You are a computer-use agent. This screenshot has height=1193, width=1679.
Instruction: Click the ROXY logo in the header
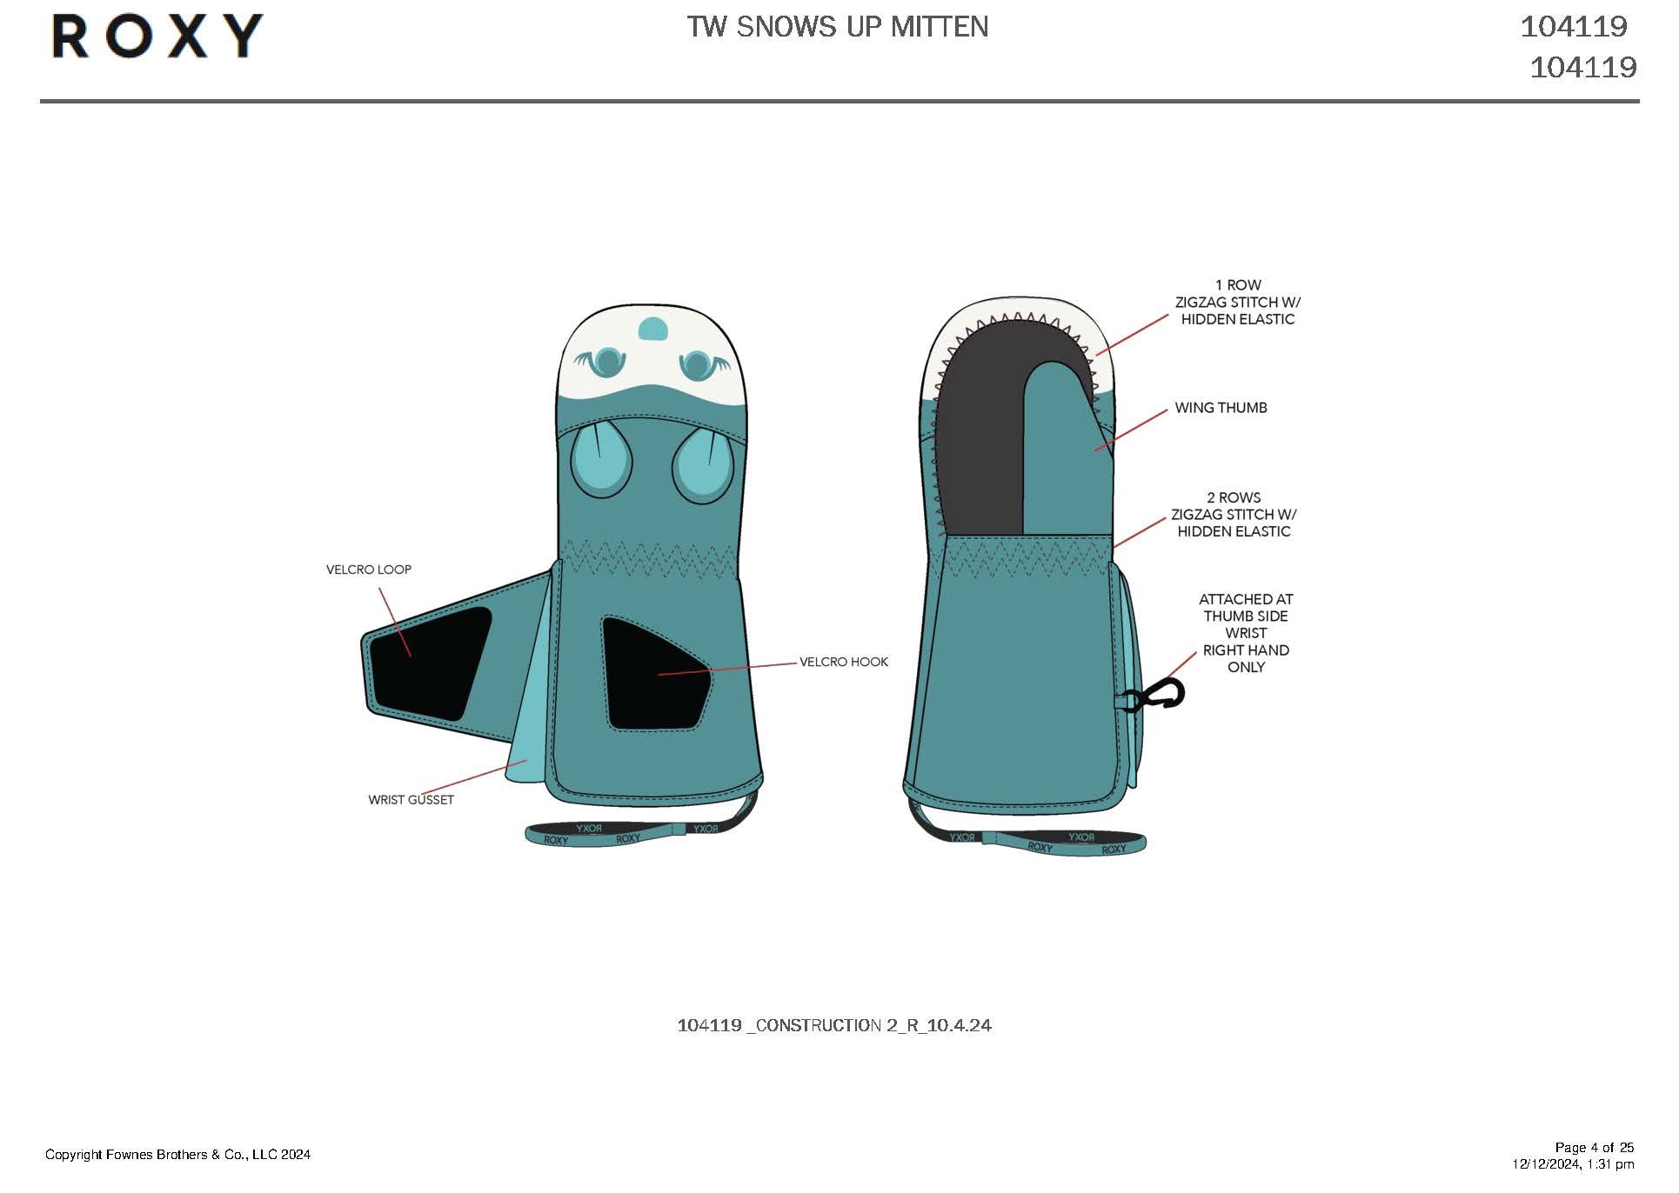pos(157,37)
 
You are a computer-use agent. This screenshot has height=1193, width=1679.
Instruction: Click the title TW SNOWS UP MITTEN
pos(837,27)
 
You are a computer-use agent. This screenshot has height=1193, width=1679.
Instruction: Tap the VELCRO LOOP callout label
pos(368,570)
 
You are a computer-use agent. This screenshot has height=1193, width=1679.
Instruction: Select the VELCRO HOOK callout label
pos(843,662)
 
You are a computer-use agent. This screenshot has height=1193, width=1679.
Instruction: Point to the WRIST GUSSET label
pos(411,800)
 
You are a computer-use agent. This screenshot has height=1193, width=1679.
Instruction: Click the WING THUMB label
pos(1220,408)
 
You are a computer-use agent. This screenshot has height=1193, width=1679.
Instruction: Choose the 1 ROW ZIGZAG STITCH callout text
pos(1237,302)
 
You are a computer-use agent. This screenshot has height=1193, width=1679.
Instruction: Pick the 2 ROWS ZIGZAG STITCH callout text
pos(1233,514)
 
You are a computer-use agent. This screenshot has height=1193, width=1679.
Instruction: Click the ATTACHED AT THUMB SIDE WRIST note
pos(1245,633)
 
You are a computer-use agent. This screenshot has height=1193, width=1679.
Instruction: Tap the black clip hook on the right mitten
pos(1160,695)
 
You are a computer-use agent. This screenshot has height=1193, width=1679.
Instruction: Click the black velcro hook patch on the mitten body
pos(654,674)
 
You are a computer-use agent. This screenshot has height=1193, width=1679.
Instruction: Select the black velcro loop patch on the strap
pos(428,662)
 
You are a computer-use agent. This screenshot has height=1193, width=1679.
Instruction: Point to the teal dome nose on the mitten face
pos(652,330)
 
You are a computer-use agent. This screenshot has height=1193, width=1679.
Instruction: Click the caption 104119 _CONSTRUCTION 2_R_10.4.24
pos(833,1025)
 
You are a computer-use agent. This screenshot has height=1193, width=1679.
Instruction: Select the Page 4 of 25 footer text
pos(1594,1147)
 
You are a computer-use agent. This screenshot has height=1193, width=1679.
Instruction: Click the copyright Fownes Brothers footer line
pos(177,1155)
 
